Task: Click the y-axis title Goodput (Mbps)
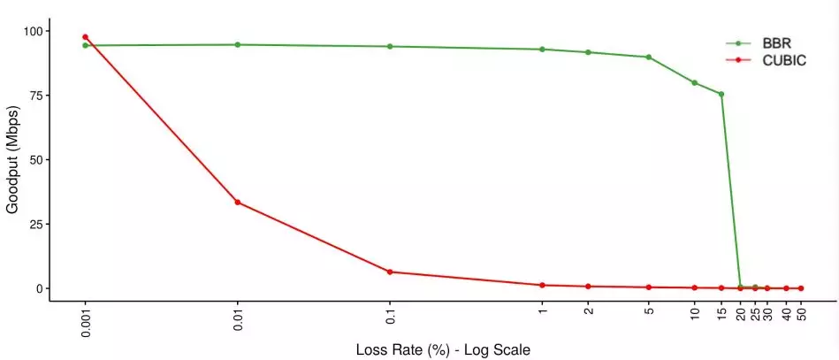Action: pyautogui.click(x=13, y=160)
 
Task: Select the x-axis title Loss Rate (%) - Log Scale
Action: pyautogui.click(x=443, y=350)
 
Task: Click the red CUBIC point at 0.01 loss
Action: pyautogui.click(x=237, y=203)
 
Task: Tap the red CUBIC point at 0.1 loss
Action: pyautogui.click(x=390, y=272)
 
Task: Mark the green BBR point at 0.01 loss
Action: pyautogui.click(x=237, y=44)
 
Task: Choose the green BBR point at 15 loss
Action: pyautogui.click(x=721, y=94)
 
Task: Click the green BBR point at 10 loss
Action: pyautogui.click(x=694, y=83)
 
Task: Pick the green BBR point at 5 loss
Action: pyautogui.click(x=649, y=57)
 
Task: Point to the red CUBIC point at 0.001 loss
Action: pyautogui.click(x=85, y=37)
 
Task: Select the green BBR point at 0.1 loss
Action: pyautogui.click(x=390, y=46)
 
